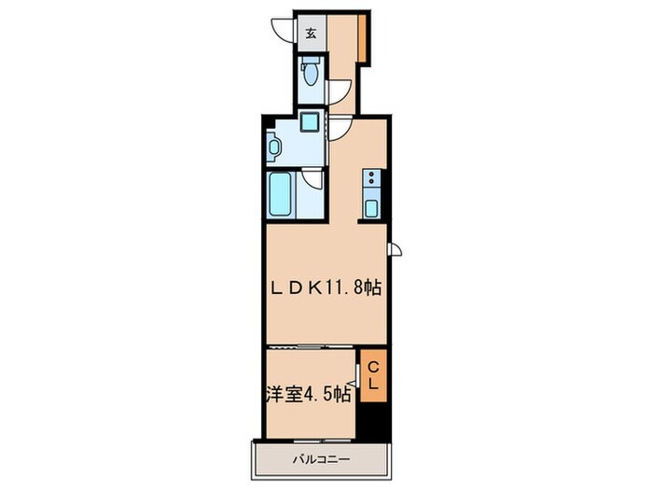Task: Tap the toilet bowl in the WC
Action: point(310,71)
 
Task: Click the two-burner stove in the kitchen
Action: point(372,178)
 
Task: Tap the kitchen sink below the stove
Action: point(372,207)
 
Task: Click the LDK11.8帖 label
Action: point(326,287)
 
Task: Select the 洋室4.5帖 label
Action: point(309,394)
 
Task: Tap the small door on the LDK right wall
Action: point(396,247)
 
